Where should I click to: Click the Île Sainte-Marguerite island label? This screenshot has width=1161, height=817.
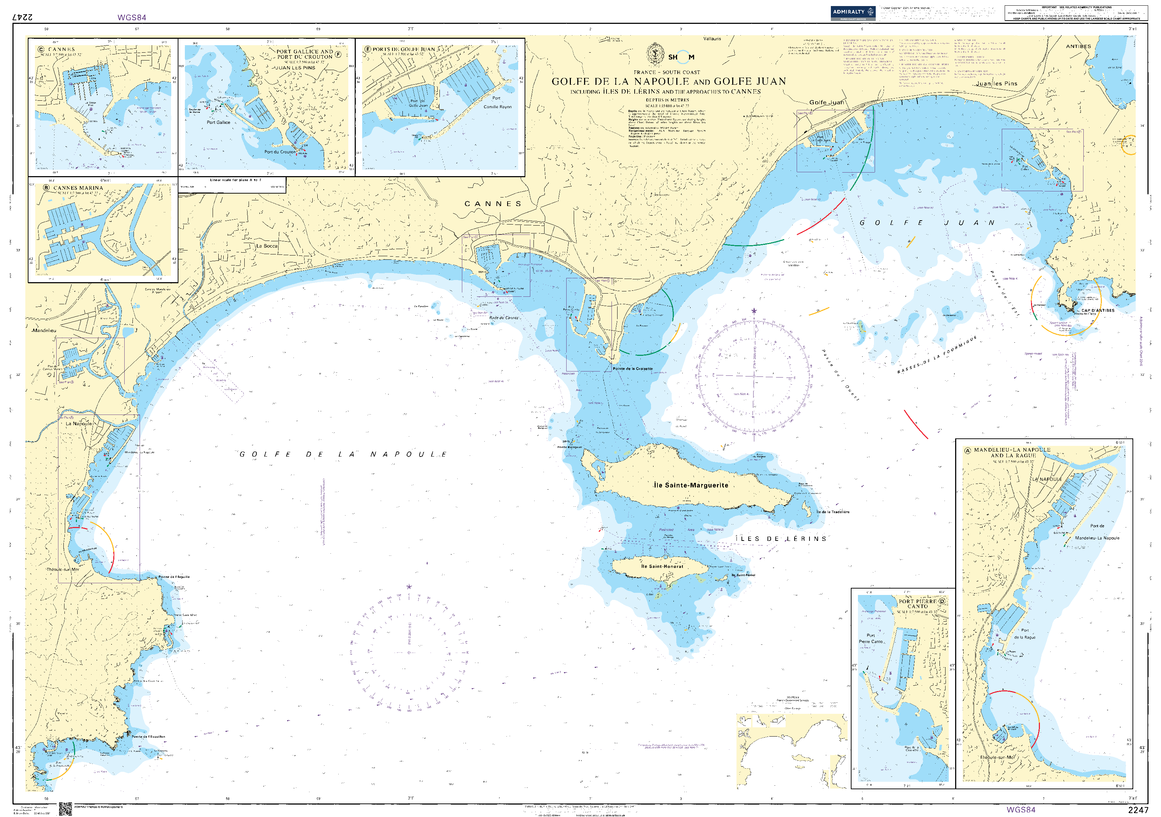point(691,485)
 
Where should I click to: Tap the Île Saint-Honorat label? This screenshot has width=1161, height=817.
point(662,566)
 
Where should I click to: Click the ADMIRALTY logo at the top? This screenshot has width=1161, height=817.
point(853,12)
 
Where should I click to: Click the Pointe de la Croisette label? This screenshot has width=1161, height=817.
point(632,369)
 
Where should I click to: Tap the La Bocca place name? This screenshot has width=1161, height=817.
point(266,246)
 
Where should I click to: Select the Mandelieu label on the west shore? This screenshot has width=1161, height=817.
point(45,331)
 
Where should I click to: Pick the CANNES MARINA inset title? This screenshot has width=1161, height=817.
point(78,188)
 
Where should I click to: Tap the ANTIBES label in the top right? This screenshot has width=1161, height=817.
point(1078,47)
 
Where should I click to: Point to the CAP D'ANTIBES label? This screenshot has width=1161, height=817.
point(1098,310)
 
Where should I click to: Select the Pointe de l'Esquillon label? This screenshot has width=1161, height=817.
point(149,737)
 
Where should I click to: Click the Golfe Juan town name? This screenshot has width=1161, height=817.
point(826,102)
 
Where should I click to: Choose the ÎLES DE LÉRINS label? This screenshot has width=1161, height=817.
point(781,539)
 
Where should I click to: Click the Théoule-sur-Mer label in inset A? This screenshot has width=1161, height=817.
point(997,757)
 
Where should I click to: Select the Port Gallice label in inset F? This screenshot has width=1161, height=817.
point(218,122)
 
